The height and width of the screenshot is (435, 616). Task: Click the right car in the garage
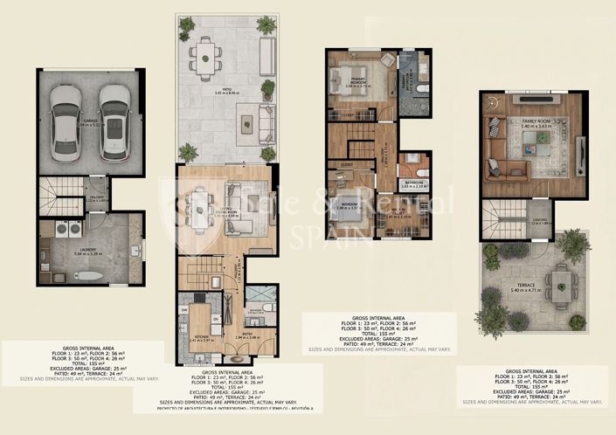click(114, 121)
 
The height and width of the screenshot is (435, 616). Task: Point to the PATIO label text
click(225, 89)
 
